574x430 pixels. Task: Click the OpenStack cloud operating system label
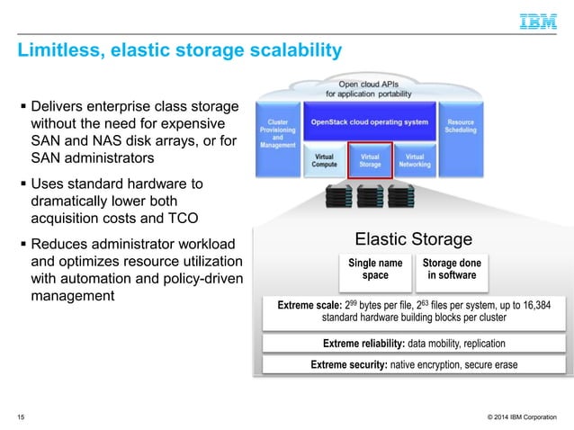369,121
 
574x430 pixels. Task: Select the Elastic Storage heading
413,238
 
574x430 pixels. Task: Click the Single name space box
375,270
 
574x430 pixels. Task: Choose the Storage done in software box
452,270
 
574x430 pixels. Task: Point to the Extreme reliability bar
414,344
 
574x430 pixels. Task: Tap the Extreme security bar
414,364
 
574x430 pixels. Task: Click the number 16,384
544,306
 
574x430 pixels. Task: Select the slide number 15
22,417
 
